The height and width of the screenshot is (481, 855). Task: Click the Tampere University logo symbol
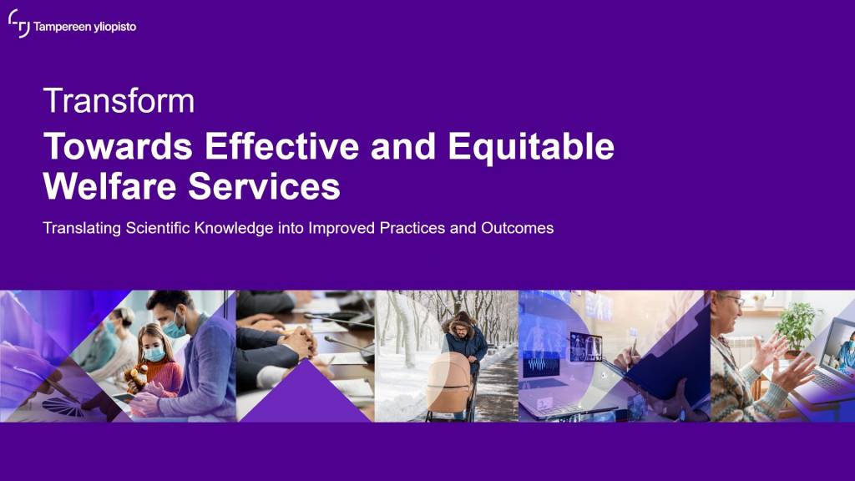click(19, 23)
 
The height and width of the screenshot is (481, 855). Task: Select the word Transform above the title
click(119, 100)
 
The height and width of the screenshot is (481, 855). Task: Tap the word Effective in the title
click(282, 146)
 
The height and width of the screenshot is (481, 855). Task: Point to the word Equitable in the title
click(531, 147)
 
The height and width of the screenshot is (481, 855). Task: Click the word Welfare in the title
click(109, 186)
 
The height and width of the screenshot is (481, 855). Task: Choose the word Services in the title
click(264, 186)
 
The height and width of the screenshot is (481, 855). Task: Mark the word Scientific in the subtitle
click(158, 227)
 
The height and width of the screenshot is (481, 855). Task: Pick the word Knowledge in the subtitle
click(234, 228)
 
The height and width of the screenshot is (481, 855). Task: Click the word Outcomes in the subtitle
click(517, 227)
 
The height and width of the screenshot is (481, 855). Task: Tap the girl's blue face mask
click(154, 354)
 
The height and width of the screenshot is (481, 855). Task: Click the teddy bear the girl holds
click(136, 377)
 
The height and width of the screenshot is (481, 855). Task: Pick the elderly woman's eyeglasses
click(734, 301)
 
